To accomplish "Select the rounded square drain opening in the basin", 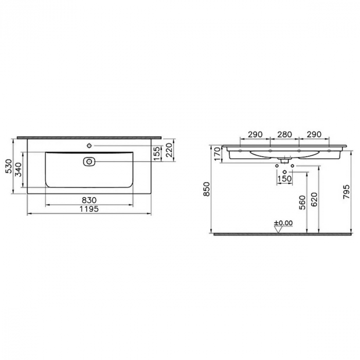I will tap(88, 161).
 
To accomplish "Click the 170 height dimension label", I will tap(217, 153).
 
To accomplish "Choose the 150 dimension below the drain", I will tap(284, 178).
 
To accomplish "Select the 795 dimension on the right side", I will tap(346, 191).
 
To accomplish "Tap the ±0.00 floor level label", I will tap(283, 223).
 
